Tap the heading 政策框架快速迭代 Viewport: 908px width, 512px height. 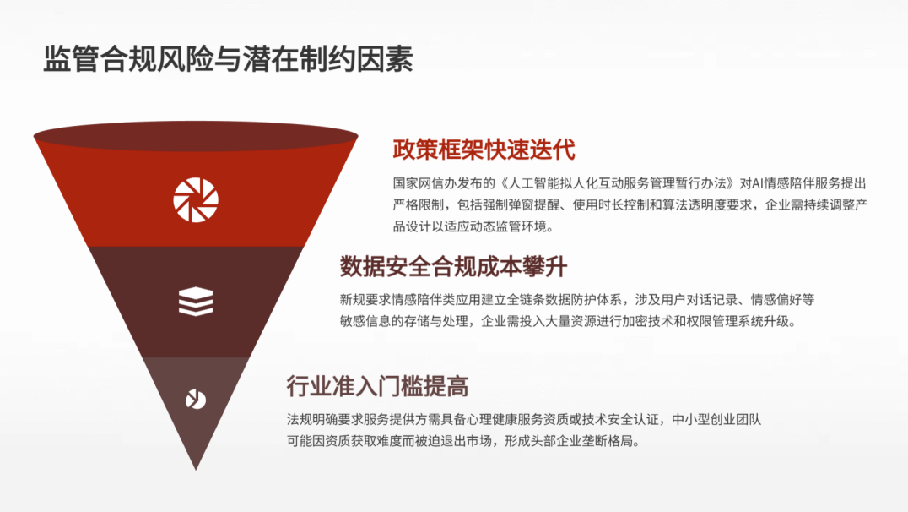click(x=484, y=150)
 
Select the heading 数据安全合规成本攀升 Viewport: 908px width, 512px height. click(x=453, y=266)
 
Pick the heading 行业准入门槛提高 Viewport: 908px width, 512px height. click(x=377, y=387)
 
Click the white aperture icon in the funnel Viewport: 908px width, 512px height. click(x=196, y=200)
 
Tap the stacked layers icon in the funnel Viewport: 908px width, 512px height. click(x=196, y=302)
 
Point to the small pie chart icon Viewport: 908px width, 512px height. click(x=196, y=400)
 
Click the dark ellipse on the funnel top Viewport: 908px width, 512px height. click(x=196, y=136)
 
